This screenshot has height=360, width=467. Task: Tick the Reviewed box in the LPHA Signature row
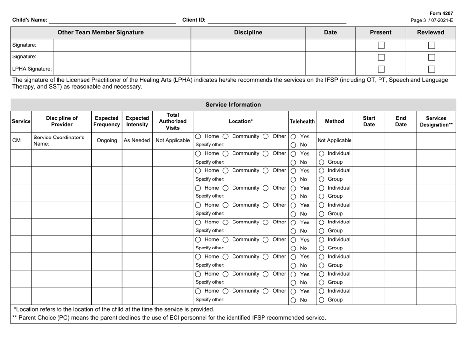[431, 70]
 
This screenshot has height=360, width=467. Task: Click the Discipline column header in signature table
[248, 33]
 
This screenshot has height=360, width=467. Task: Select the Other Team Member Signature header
[101, 33]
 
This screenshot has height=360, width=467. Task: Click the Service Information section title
[233, 104]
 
